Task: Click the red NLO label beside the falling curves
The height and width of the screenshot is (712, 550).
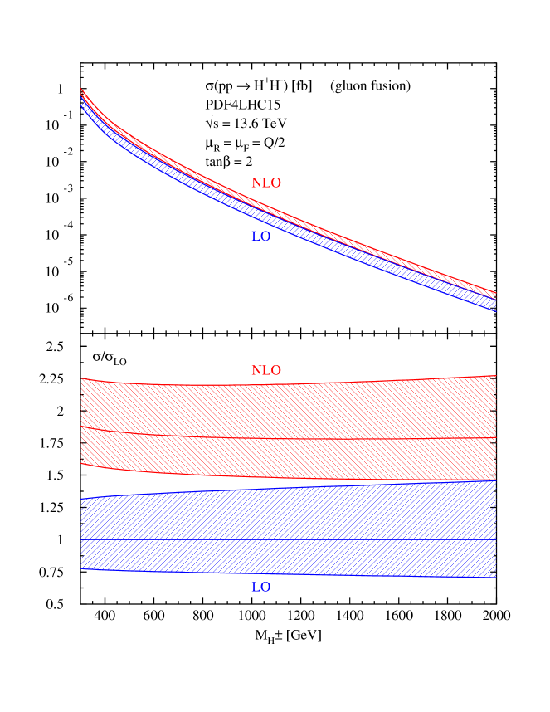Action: click(265, 183)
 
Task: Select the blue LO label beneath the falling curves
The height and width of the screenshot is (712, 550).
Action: click(260, 237)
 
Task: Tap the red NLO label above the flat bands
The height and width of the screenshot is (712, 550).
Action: click(265, 371)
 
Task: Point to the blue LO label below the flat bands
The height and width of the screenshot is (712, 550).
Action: click(260, 588)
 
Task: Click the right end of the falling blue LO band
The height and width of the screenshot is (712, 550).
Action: click(494, 305)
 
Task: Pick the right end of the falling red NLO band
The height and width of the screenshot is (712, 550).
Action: click(494, 292)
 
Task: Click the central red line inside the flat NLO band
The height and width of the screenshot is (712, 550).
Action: click(290, 438)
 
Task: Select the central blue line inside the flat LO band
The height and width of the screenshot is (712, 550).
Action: click(290, 540)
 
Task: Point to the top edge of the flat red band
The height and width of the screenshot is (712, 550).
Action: click(290, 384)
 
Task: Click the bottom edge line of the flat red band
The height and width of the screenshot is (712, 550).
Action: click(290, 478)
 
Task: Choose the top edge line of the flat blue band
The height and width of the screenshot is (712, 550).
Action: click(290, 488)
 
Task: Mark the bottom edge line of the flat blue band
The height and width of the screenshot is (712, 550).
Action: click(290, 574)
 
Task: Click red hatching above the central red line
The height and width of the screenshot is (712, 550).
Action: click(290, 411)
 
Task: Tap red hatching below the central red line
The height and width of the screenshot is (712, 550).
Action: click(290, 458)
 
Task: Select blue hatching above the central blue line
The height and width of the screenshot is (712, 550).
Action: click(290, 514)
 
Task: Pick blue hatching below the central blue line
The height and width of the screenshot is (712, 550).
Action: click(290, 558)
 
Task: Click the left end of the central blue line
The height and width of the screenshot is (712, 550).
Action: click(82, 540)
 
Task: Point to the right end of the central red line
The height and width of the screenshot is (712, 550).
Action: click(494, 437)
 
